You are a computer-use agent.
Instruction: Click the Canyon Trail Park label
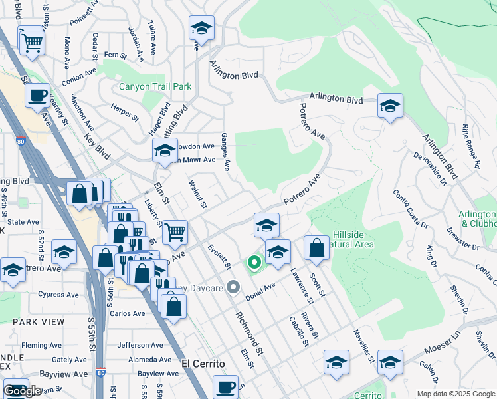click(x=155, y=86)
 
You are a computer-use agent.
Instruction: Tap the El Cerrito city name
click(x=203, y=364)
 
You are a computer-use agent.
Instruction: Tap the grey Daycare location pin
click(x=233, y=287)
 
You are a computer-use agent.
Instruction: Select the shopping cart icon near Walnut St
click(x=175, y=232)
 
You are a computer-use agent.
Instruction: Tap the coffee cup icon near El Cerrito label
click(x=225, y=386)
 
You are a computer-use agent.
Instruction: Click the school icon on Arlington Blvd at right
click(x=389, y=106)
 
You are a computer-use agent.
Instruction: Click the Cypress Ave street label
click(x=59, y=295)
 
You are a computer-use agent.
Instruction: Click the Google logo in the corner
click(x=22, y=391)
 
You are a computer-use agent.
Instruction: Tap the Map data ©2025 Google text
click(x=455, y=394)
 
